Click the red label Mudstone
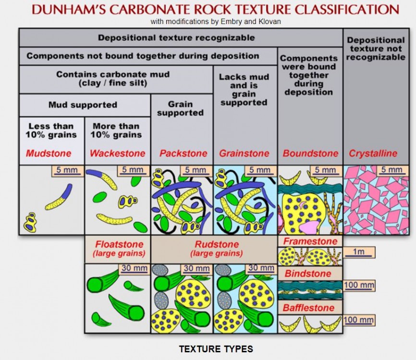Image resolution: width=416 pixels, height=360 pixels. click(49, 154)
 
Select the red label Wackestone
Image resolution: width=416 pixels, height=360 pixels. click(118, 154)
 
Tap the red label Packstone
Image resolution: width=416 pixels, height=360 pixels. click(183, 154)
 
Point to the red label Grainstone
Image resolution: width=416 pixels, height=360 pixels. click(244, 154)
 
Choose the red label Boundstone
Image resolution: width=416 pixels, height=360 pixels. click(310, 154)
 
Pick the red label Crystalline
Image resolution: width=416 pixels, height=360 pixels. click(373, 154)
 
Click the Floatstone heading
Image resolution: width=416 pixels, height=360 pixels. click(118, 244)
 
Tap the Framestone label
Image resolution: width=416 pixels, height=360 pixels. click(310, 241)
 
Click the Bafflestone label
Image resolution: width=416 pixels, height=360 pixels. click(308, 308)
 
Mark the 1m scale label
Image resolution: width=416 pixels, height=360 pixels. click(358, 252)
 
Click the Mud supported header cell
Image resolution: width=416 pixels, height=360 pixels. click(83, 105)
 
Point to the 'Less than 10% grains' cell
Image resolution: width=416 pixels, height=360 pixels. click(51, 130)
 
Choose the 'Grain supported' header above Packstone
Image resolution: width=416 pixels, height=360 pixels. click(180, 108)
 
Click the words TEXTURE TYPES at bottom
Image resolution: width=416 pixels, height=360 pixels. click(216, 349)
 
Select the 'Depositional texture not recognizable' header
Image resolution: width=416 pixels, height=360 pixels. click(376, 48)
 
